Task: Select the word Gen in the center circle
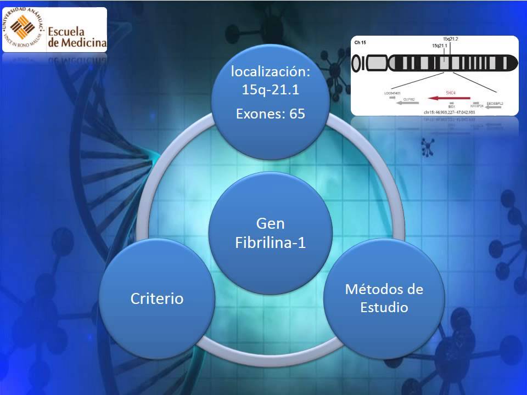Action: [x=270, y=223]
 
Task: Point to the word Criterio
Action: [x=156, y=298]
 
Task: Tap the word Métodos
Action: [x=377, y=289]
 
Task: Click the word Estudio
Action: [x=384, y=307]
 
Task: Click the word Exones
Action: [x=259, y=114]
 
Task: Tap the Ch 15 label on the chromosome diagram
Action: [x=360, y=42]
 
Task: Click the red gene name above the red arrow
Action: [x=451, y=92]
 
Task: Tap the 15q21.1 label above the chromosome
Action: [x=440, y=46]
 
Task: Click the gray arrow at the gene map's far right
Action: [x=493, y=108]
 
